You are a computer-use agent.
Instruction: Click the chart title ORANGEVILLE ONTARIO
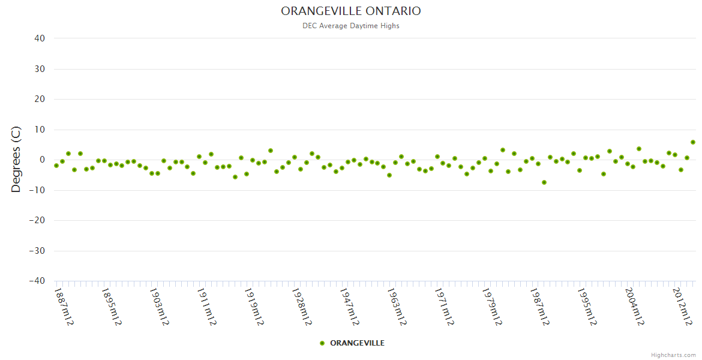[x=351, y=11]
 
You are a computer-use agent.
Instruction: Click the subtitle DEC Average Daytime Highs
[x=351, y=26]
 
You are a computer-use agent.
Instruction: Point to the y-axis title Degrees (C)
[x=16, y=159]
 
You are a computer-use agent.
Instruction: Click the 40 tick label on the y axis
[x=40, y=38]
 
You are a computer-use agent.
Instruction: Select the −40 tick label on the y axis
[x=37, y=281]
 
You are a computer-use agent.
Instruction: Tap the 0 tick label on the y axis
[x=43, y=160]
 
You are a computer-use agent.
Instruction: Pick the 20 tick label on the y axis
[x=40, y=99]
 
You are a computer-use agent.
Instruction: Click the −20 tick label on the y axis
[x=37, y=220]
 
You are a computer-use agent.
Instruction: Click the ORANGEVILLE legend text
[x=357, y=343]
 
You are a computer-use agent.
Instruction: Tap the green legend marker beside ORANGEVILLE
[x=322, y=343]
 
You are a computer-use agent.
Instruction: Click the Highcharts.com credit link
[x=673, y=355]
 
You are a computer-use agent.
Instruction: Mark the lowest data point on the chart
[x=544, y=182]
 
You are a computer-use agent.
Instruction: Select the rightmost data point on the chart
[x=693, y=142]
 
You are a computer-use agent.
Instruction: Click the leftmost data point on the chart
[x=56, y=166]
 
